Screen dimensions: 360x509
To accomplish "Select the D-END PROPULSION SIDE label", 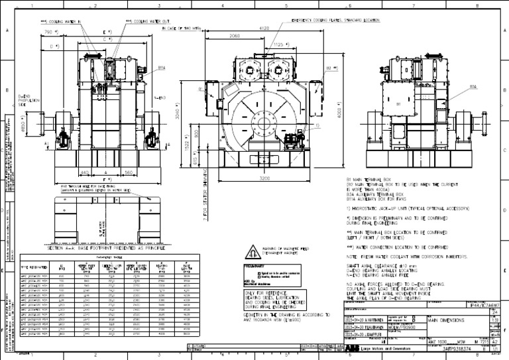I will point(27,100).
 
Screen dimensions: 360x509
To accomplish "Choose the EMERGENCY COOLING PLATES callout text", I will point(333,21).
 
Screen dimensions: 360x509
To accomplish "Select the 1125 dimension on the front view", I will point(281,45).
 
